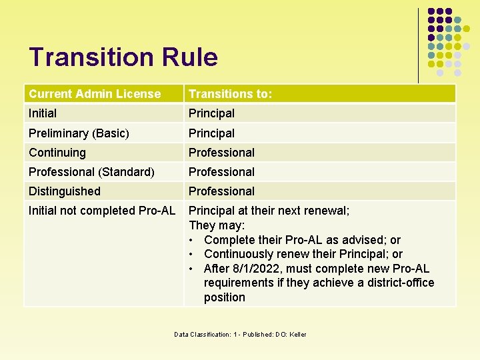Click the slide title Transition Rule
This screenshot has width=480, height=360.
click(123, 57)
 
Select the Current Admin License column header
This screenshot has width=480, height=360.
click(95, 94)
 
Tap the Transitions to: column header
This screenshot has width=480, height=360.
click(230, 94)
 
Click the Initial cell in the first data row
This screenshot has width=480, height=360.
click(43, 113)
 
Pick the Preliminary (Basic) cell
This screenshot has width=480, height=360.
click(79, 133)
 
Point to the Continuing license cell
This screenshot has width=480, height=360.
click(57, 152)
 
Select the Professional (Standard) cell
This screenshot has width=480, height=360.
click(91, 171)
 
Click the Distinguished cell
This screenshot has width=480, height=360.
click(65, 191)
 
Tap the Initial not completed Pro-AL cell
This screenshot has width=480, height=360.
click(102, 211)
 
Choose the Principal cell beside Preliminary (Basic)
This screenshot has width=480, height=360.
click(211, 133)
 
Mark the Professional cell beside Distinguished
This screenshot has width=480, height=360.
click(221, 191)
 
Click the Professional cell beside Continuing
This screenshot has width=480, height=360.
click(221, 152)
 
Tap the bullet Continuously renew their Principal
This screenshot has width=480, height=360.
click(303, 254)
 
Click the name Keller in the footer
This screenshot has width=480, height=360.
click(298, 334)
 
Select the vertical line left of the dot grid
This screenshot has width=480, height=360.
click(419, 45)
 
